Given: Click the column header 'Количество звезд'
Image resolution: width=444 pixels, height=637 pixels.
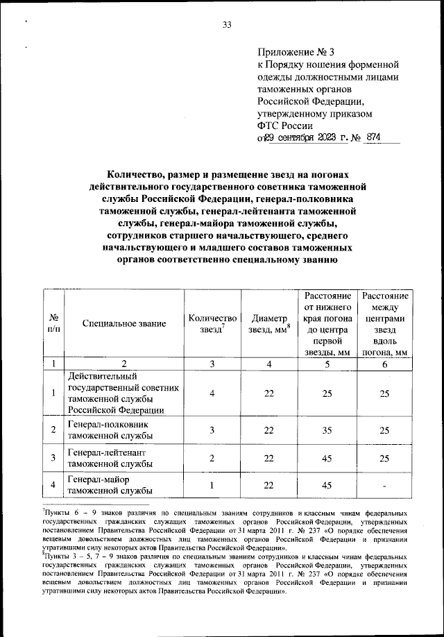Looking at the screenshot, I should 212,323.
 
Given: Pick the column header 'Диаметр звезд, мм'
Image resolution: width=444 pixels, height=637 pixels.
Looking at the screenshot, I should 269,323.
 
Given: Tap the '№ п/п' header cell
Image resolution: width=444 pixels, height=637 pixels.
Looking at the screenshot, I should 53,323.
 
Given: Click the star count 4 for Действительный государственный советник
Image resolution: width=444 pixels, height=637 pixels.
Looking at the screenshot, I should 212,394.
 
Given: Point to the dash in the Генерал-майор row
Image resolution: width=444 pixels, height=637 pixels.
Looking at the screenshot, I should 384,486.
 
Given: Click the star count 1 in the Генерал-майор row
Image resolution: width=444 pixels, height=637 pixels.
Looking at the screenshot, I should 212,485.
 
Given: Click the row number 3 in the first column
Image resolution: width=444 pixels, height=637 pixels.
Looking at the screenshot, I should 53,458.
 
